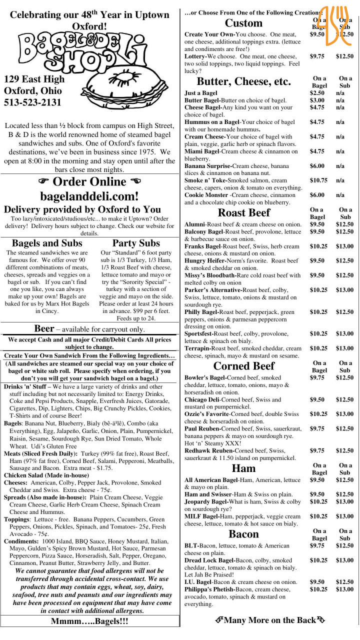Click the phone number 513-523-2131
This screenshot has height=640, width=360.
tap(32, 102)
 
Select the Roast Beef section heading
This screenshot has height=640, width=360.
tap(244, 212)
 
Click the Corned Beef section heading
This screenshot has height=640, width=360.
tap(244, 365)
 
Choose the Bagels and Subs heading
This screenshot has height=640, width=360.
tap(47, 243)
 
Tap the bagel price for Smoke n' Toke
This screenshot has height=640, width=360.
tap(318, 180)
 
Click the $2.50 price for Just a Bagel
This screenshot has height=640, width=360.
tap(317, 93)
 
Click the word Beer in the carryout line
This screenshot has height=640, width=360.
tap(44, 328)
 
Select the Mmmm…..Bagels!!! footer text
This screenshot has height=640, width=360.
tap(89, 621)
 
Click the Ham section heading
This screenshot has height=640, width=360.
tap(244, 468)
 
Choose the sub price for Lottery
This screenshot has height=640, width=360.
tap(344, 56)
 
